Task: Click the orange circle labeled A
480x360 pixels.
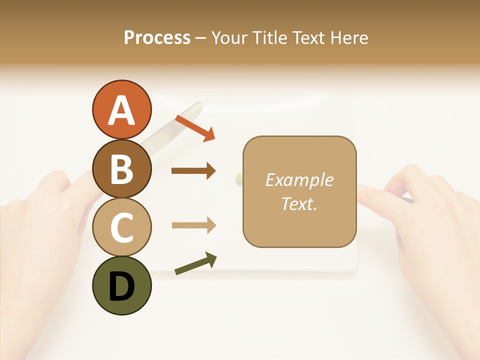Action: click(121, 110)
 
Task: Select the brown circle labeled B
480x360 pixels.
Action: click(121, 169)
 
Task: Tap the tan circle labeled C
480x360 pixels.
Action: click(121, 227)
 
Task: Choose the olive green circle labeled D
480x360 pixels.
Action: click(121, 286)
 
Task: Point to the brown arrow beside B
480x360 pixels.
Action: click(193, 171)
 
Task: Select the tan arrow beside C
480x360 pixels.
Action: click(193, 225)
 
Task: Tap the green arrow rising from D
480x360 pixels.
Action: click(195, 263)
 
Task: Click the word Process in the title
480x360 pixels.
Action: click(157, 37)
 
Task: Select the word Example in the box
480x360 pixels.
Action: click(299, 180)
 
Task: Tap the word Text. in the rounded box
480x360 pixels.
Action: click(299, 204)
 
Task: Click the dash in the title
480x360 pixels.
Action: click(200, 38)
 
